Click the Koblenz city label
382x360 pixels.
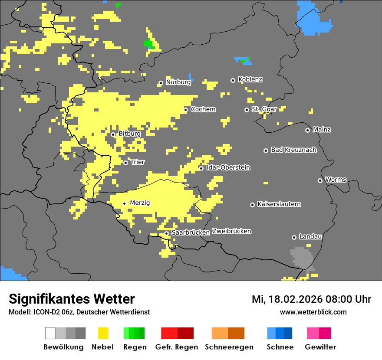pyautogui.click(x=250, y=80)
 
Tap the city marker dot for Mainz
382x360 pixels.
pyautogui.click(x=307, y=130)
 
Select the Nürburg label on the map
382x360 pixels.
pyautogui.click(x=178, y=82)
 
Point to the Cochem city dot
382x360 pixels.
pyautogui.click(x=185, y=110)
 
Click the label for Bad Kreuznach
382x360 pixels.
pyautogui.click(x=293, y=150)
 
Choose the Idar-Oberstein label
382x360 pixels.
pyautogui.click(x=228, y=168)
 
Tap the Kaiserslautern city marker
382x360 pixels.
pyautogui.click(x=252, y=205)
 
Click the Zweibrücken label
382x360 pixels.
pyautogui.click(x=231, y=232)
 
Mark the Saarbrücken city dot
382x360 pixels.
pyautogui.click(x=166, y=233)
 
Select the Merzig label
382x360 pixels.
pyautogui.click(x=140, y=203)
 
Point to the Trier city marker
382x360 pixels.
pyautogui.click(x=125, y=163)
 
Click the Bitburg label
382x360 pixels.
pyautogui.click(x=129, y=134)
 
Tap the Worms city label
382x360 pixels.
pyautogui.click(x=336, y=180)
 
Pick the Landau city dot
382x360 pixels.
pyautogui.click(x=294, y=237)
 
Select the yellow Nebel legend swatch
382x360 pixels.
pyautogui.click(x=103, y=333)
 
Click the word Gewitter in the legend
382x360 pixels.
pyautogui.click(x=320, y=347)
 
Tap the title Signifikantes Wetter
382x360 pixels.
pyautogui.click(x=72, y=299)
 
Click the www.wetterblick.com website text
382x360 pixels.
pyautogui.click(x=313, y=312)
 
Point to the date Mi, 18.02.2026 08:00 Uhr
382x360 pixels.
pyautogui.click(x=311, y=299)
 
